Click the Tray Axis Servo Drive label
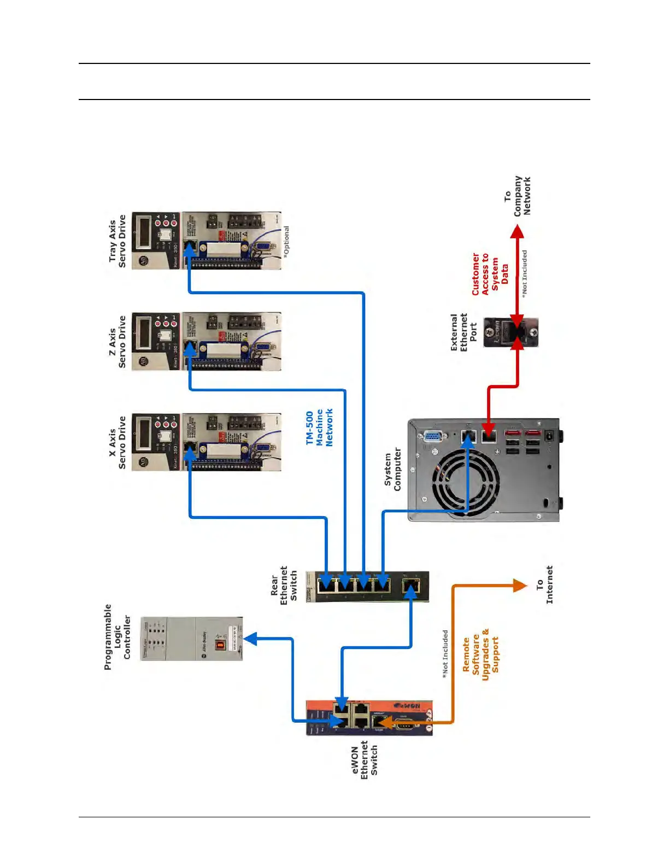tap(118, 241)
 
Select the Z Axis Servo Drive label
tap(118, 341)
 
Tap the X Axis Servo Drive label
tap(118, 442)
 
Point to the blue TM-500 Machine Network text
tap(320, 428)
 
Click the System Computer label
tap(392, 469)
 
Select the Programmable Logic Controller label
tap(118, 637)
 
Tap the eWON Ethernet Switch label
tap(365, 760)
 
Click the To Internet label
tap(544, 584)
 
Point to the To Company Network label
tap(517, 196)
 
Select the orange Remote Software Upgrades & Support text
tap(480, 654)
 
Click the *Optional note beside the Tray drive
tap(286, 241)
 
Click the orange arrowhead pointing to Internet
tap(520, 586)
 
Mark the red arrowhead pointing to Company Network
tap(517, 231)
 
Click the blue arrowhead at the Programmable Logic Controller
tap(251, 639)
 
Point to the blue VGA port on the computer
tap(433, 436)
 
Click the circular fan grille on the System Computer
tap(465, 483)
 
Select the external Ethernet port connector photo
tap(510, 332)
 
